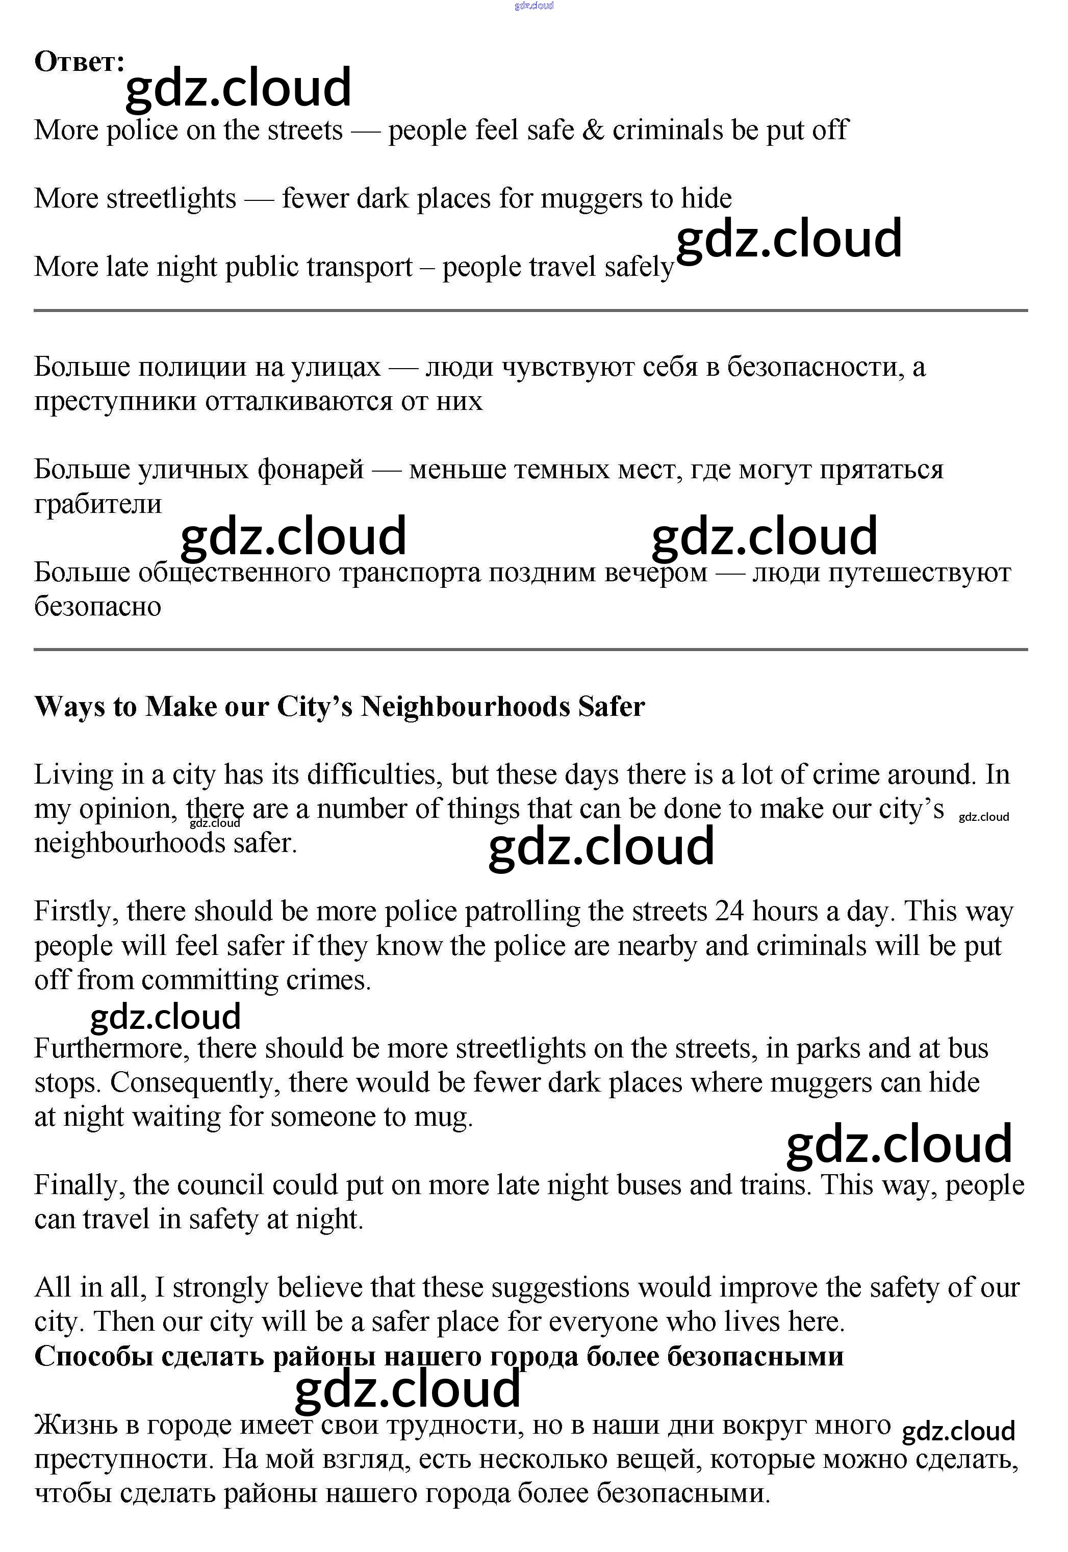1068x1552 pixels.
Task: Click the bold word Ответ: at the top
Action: click(x=79, y=62)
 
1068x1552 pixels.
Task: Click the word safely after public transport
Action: click(x=639, y=267)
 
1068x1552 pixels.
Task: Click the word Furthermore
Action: click(x=112, y=1048)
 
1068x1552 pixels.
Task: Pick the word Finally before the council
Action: click(x=80, y=1185)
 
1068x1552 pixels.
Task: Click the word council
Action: click(x=220, y=1185)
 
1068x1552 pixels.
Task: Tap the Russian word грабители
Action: click(x=98, y=504)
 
